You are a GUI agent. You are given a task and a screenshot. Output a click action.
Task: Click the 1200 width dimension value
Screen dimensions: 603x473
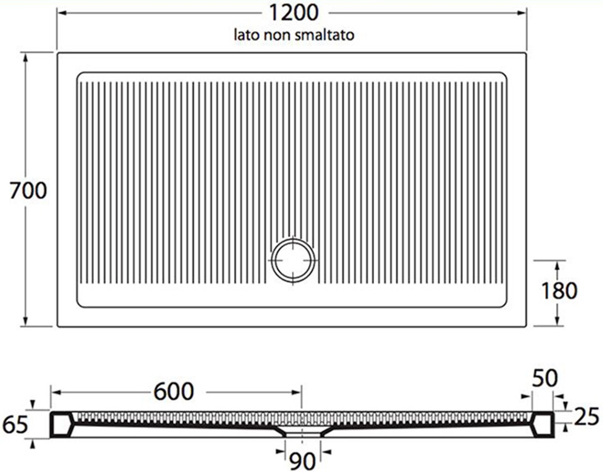(x=293, y=13)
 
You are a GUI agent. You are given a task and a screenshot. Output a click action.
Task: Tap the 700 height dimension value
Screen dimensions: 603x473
(x=28, y=190)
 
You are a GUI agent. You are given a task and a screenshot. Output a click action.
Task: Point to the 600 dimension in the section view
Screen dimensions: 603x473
(x=174, y=392)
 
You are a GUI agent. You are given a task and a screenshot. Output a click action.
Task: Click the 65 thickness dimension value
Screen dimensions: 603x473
(x=15, y=425)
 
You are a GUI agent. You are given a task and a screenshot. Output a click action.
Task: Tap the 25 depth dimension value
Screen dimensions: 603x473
(x=587, y=416)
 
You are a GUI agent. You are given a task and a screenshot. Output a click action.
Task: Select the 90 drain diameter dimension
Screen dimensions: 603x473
(x=303, y=461)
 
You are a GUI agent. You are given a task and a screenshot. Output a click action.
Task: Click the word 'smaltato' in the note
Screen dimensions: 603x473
(x=324, y=35)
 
